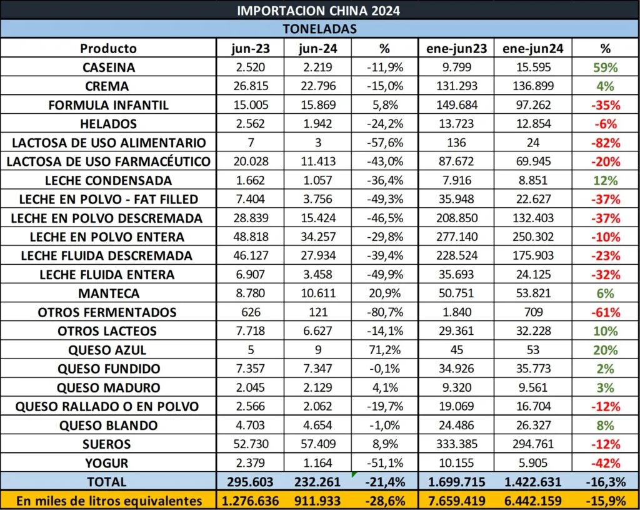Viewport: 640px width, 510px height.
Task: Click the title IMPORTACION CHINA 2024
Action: click(x=318, y=10)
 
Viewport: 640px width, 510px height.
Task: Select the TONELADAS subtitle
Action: click(x=319, y=29)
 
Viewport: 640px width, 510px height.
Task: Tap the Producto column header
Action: click(x=108, y=49)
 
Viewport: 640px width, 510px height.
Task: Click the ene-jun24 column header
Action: click(x=532, y=49)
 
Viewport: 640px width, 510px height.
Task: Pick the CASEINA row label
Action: click(x=109, y=68)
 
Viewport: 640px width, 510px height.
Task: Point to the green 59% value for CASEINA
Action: click(x=605, y=68)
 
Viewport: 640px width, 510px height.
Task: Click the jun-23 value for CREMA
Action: click(x=251, y=86)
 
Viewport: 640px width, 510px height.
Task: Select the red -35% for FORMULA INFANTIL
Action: click(x=606, y=105)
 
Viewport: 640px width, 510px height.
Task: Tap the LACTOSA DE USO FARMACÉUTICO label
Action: click(x=108, y=161)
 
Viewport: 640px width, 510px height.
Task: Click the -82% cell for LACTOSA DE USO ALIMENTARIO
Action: click(x=606, y=143)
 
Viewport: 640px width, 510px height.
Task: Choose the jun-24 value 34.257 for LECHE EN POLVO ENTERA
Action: click(x=318, y=237)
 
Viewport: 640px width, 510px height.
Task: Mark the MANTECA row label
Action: click(x=109, y=293)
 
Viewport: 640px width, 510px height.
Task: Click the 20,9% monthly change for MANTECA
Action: click(x=385, y=293)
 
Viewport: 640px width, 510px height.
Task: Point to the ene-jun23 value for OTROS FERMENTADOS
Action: click(x=456, y=312)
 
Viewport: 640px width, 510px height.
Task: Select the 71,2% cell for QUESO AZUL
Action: click(x=385, y=350)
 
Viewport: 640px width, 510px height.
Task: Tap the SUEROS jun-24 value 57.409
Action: click(x=318, y=444)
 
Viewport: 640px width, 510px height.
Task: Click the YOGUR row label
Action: click(x=106, y=463)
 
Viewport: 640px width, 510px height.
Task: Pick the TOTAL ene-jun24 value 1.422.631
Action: click(x=532, y=482)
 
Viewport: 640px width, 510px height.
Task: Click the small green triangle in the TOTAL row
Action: click(x=354, y=474)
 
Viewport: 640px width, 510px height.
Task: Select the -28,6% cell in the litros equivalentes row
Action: click(x=385, y=501)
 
